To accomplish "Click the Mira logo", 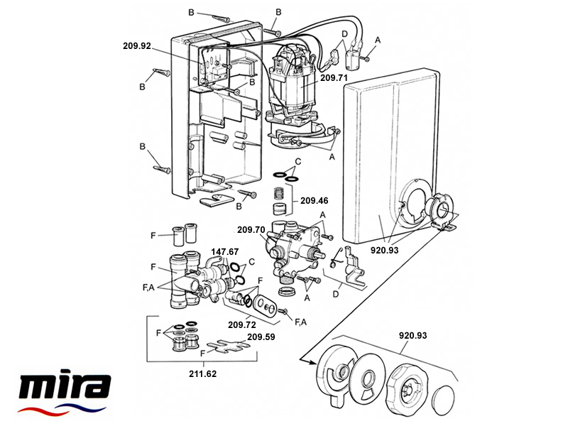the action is coord(64,392).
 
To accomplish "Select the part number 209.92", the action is coord(137,46).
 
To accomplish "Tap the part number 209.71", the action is coord(334,77).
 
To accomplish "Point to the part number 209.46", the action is coord(314,200).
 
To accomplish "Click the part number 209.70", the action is coord(251,229).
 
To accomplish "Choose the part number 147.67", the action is coord(225,251).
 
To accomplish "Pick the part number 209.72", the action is coord(242,325).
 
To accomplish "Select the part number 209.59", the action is coord(261,337).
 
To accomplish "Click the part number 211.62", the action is coord(202,373).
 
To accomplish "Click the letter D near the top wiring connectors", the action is coord(344,34).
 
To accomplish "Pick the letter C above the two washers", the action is coord(298,161).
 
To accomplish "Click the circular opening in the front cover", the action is coord(415,201).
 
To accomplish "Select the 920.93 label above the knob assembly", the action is coord(413,335).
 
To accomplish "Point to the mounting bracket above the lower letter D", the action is coord(352,264).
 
